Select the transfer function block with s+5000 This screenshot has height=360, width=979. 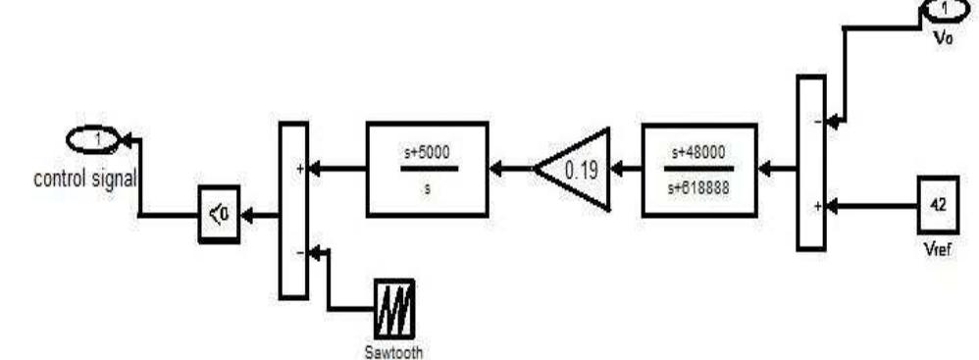click(x=427, y=169)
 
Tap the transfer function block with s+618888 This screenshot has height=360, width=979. click(x=699, y=169)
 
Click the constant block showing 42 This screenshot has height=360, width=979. click(x=936, y=207)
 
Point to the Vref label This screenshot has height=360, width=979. click(x=937, y=247)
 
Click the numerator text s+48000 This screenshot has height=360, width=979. click(x=699, y=153)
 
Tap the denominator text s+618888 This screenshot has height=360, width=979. click(x=699, y=183)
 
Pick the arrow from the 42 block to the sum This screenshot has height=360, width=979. click(x=872, y=207)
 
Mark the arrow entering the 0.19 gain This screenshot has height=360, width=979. click(x=626, y=169)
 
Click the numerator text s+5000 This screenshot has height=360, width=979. click(x=427, y=153)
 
